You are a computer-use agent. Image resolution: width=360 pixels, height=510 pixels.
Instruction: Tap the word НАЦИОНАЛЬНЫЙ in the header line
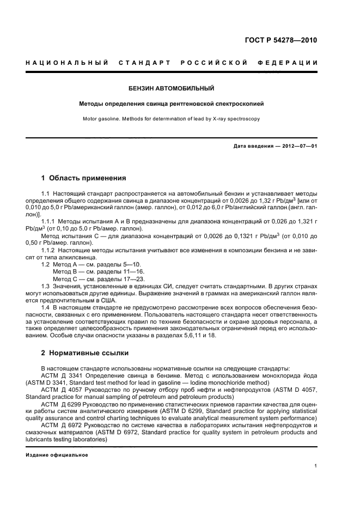(66, 63)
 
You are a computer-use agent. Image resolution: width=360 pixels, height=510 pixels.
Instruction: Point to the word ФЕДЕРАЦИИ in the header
(292, 63)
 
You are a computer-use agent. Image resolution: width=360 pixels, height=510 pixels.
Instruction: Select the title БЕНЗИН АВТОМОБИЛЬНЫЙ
(171, 88)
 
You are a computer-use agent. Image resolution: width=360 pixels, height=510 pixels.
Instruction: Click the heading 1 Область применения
(84, 178)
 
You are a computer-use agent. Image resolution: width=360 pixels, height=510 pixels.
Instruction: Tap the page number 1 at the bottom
(315, 466)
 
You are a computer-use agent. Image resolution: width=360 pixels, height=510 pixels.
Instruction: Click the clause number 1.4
(46, 307)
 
